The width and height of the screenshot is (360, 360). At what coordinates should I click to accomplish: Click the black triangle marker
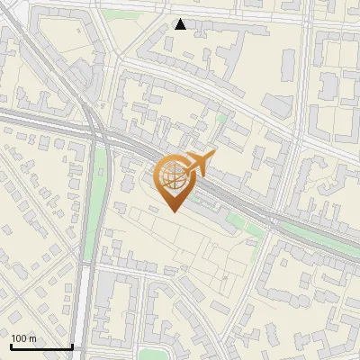[180, 24]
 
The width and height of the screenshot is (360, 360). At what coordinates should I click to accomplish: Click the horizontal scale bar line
[41, 346]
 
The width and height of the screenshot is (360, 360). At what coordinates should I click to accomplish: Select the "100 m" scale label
[23, 338]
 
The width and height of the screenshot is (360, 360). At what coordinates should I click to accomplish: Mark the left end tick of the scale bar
[11, 345]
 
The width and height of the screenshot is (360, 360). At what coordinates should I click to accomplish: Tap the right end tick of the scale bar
[72, 345]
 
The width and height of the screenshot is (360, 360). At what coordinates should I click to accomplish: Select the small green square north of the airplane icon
[221, 118]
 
